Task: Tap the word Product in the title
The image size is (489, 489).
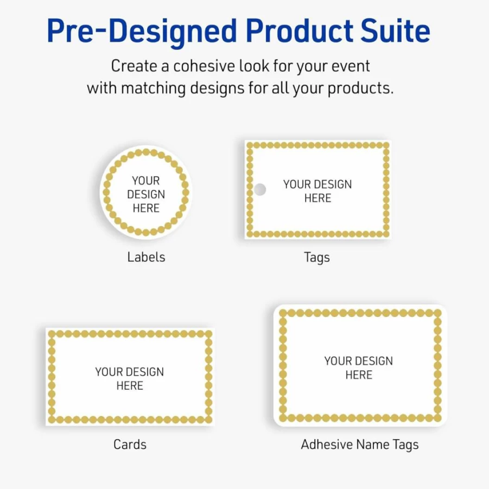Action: click(x=300, y=30)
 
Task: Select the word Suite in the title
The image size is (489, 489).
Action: click(x=396, y=30)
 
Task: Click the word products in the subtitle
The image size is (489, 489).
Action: click(x=361, y=88)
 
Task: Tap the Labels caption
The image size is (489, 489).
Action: click(x=146, y=257)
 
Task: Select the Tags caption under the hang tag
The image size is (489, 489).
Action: click(x=317, y=258)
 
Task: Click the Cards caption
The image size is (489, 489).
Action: click(x=130, y=444)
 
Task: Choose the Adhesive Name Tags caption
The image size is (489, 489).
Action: click(x=360, y=445)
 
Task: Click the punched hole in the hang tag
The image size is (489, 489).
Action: click(x=260, y=189)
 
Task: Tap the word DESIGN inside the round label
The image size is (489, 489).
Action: click(x=146, y=195)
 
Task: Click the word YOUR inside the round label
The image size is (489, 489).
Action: click(x=145, y=181)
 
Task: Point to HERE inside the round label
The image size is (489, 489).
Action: click(x=146, y=208)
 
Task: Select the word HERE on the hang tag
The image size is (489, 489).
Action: click(x=318, y=198)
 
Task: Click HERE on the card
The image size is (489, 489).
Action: click(x=130, y=386)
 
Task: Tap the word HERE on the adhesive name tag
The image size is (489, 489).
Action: click(x=359, y=375)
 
